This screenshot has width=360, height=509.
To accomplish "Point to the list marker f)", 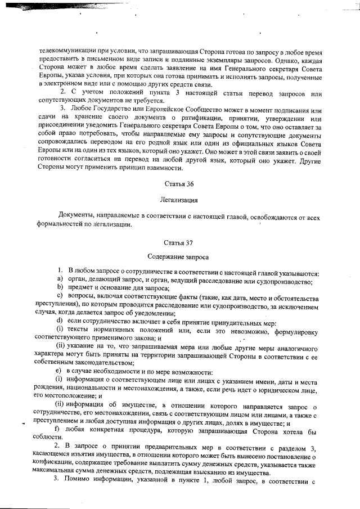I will click(x=58, y=431).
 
